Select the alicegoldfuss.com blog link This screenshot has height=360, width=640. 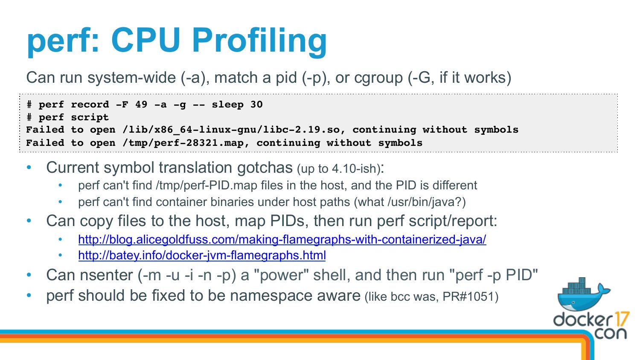[282, 239]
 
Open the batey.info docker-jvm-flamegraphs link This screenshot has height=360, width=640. [202, 255]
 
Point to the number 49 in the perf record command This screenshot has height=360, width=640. [141, 105]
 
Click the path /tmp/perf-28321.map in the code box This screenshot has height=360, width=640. [186, 143]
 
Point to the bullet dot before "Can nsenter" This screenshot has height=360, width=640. [29, 275]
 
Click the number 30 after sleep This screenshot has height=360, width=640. [256, 105]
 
